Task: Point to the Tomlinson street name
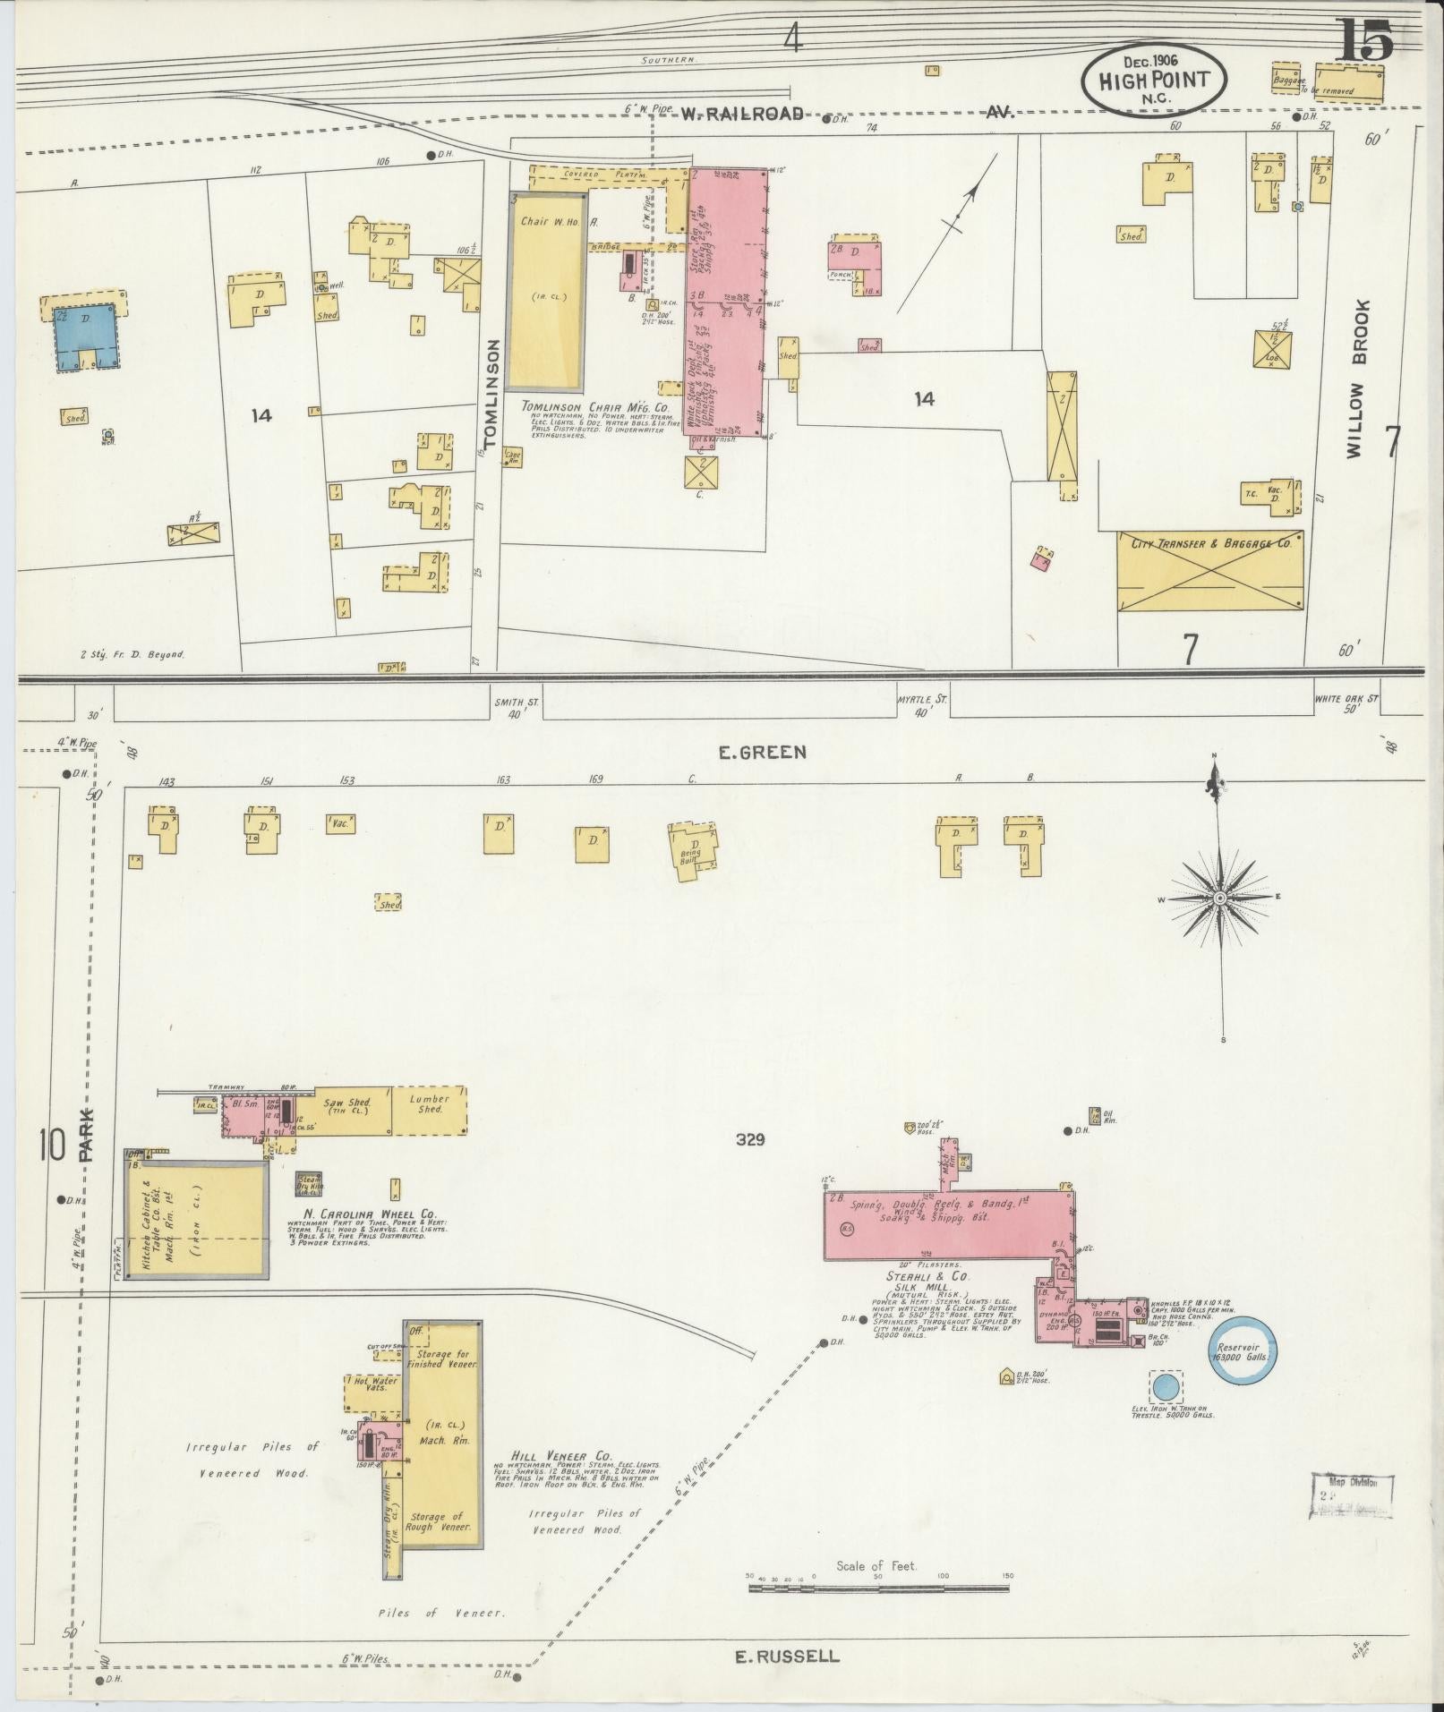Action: (489, 393)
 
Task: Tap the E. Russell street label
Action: (787, 1656)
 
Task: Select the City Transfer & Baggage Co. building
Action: (1209, 571)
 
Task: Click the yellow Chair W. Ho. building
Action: (548, 291)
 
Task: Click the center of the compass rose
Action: (1219, 897)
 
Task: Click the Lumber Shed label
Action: (430, 1103)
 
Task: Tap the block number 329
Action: (750, 1139)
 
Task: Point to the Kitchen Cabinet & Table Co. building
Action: (196, 1221)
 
